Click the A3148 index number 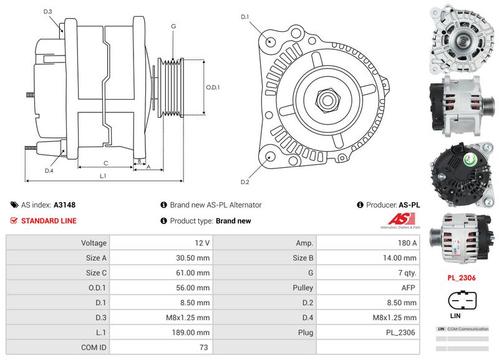click(x=64, y=205)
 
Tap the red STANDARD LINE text click(x=49, y=221)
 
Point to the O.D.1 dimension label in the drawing click(x=213, y=87)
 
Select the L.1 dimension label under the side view click(x=104, y=176)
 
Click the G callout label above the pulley click(x=173, y=26)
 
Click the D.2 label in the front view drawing click(x=245, y=182)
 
